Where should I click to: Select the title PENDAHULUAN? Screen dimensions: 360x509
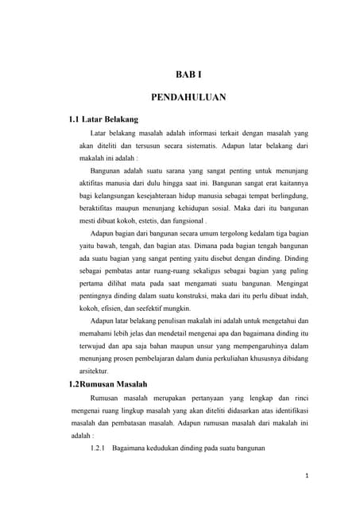pos(189,98)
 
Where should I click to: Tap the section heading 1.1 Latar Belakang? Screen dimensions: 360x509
pos(104,120)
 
